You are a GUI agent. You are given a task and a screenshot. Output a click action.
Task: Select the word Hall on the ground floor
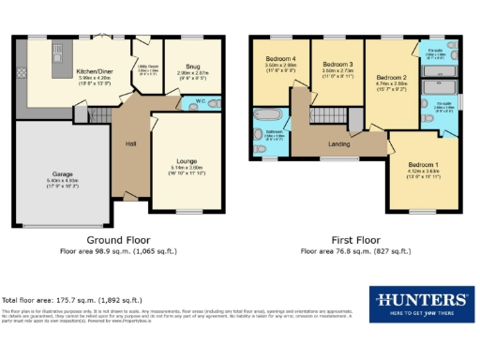coord(131,143)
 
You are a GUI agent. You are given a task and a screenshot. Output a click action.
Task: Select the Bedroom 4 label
coord(280,58)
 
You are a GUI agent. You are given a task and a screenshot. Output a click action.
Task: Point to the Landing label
coord(338,143)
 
